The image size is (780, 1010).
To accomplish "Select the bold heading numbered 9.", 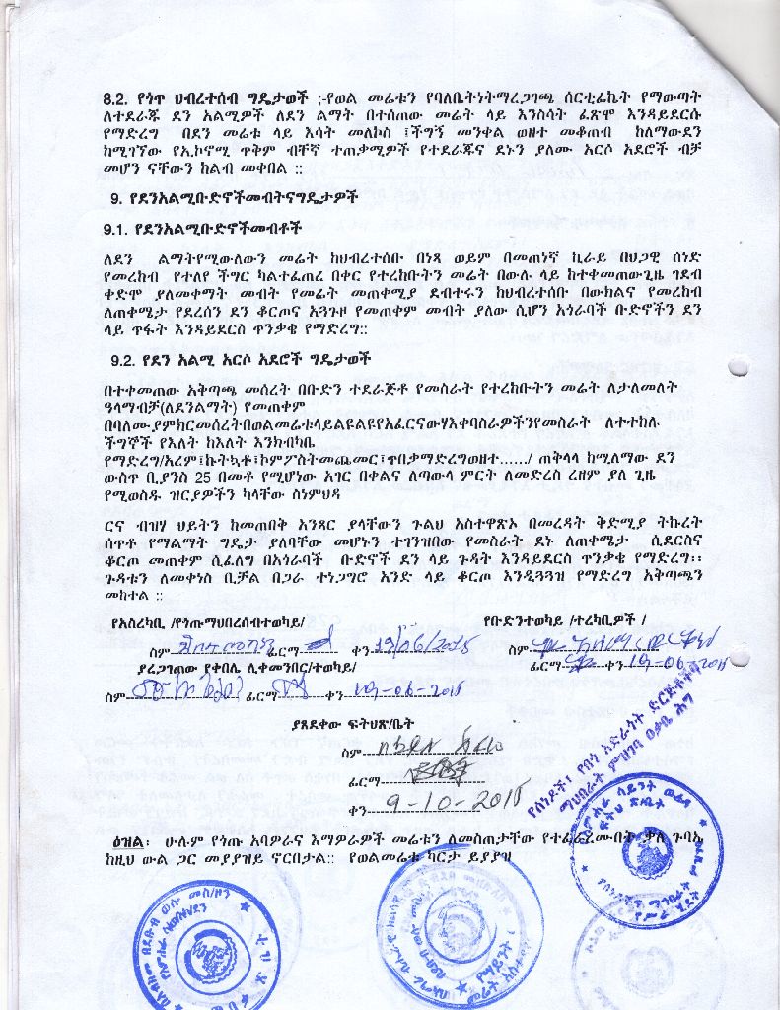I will [234, 197].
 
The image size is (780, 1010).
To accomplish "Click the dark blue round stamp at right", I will [646, 848].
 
